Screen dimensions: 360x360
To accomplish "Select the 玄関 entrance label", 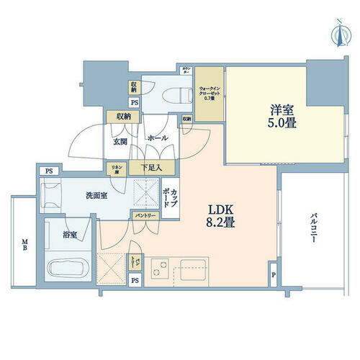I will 120,142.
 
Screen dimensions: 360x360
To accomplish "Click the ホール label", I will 157,138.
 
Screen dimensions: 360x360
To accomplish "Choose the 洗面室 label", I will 96,196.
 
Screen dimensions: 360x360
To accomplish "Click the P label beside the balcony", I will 274,275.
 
